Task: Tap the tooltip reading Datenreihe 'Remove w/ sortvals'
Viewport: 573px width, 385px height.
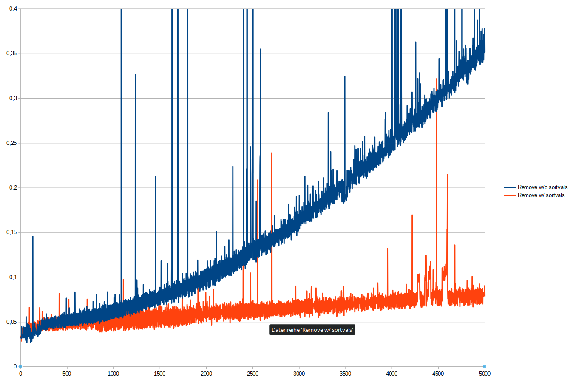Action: point(312,330)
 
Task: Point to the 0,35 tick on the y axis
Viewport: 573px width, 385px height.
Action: point(11,54)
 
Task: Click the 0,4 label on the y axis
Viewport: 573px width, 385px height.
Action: point(13,9)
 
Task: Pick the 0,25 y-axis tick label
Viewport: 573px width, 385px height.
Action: point(11,143)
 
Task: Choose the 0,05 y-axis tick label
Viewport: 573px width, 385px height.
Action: point(11,322)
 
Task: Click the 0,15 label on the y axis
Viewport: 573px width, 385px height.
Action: point(11,232)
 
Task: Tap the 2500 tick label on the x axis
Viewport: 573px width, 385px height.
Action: point(252,374)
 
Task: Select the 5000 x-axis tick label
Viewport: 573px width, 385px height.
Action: point(485,374)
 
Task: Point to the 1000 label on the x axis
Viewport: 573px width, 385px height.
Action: point(113,374)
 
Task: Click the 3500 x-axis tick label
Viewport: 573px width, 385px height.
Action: point(345,374)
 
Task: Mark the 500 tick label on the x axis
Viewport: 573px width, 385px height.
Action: point(67,374)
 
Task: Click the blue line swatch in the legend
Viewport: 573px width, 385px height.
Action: point(510,187)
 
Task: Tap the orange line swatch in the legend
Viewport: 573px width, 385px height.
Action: point(510,195)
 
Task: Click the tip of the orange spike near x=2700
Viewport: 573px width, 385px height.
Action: point(272,153)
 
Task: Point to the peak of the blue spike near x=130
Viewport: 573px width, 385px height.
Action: point(33,236)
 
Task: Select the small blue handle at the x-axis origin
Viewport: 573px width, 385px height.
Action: point(20,366)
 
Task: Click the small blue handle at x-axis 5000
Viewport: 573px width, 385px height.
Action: point(485,366)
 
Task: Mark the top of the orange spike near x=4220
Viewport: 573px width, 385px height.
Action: point(412,215)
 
